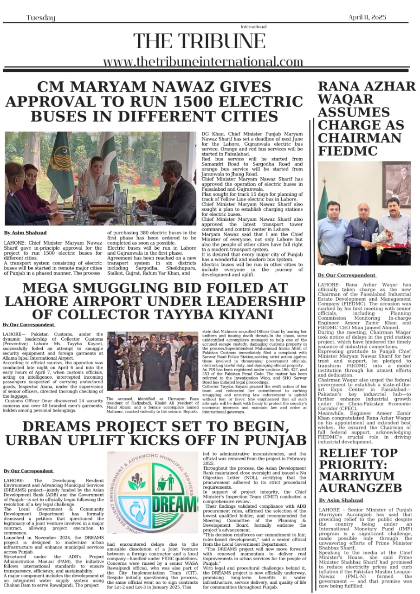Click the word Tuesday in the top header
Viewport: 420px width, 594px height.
point(41,18)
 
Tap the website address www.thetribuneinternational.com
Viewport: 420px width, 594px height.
point(203,62)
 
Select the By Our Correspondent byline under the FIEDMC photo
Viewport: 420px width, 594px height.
point(346,275)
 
